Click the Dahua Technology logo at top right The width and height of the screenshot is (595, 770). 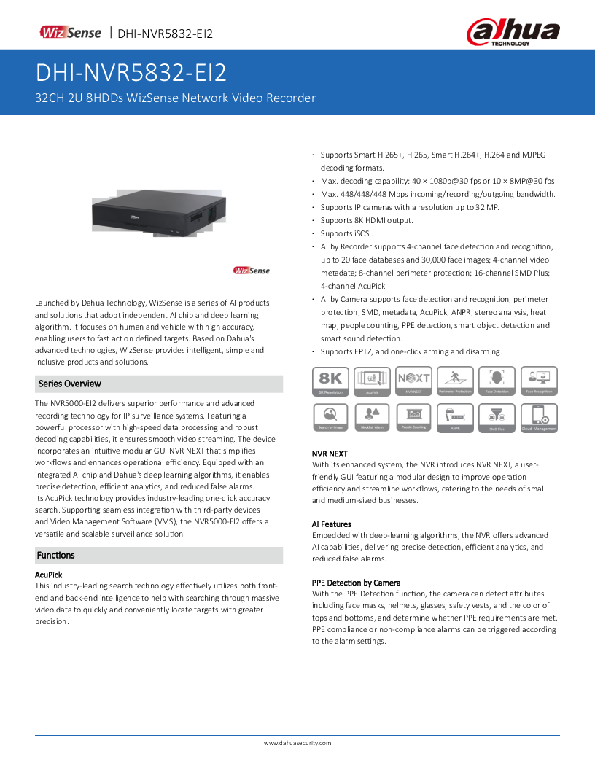(513, 33)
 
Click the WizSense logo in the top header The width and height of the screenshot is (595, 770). (70, 33)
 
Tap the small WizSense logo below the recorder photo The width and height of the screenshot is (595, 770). (252, 271)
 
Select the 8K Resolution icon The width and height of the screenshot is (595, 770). (330, 381)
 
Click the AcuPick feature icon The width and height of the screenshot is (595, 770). (372, 381)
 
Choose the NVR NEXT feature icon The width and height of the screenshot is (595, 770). (413, 381)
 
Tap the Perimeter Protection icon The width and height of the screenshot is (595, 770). (455, 381)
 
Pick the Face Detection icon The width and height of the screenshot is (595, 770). (497, 381)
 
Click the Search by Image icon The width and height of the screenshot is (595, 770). (330, 417)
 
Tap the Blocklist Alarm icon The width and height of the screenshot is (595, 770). (372, 417)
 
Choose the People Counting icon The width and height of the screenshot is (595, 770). (413, 417)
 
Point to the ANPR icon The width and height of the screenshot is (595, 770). (455, 417)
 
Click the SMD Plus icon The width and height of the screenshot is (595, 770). (497, 417)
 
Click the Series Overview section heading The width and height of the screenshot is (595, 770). (70, 384)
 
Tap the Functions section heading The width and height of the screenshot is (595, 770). (56, 555)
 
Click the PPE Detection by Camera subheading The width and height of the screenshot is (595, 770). (356, 583)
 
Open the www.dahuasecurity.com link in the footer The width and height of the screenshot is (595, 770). (297, 743)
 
